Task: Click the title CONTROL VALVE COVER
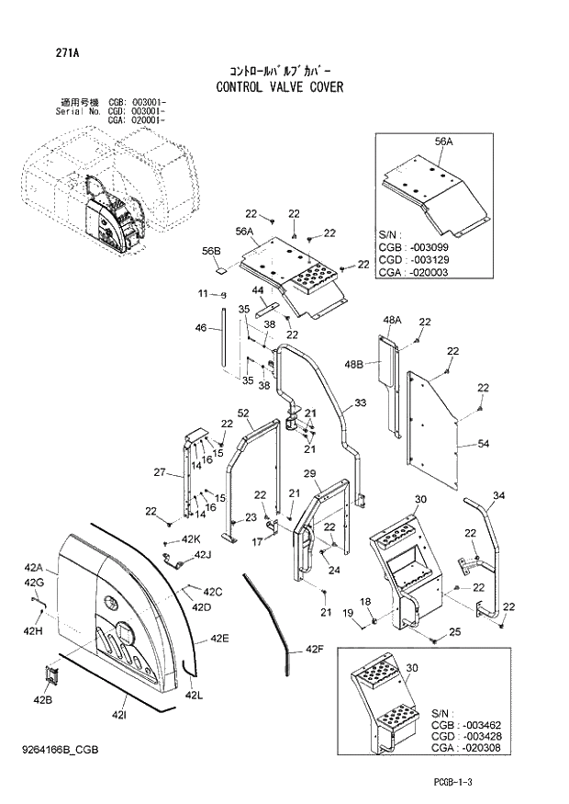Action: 280,87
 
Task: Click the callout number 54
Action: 484,445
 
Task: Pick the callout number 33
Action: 360,403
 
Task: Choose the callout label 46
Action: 201,327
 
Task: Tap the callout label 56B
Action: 211,251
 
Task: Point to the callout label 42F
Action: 315,650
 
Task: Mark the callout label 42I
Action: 119,714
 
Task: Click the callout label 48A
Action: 392,320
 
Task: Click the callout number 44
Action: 259,290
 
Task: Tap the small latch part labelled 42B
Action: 52,675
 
